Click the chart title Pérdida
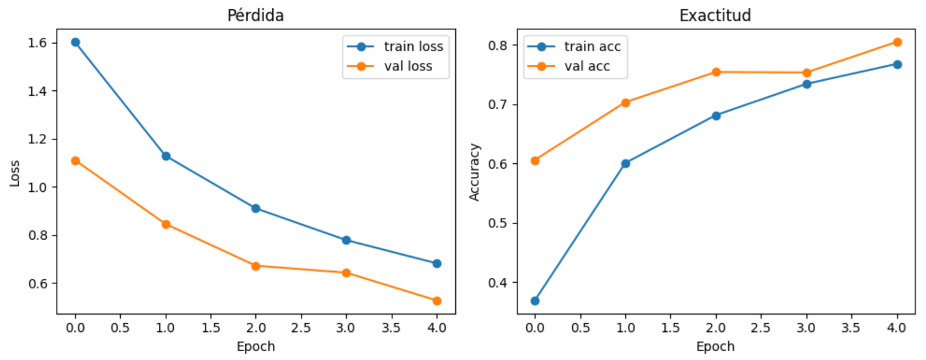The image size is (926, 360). tap(255, 16)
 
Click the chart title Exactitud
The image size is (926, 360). tap(716, 16)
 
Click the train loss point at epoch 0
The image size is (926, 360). tap(75, 42)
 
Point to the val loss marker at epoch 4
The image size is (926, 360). tap(437, 301)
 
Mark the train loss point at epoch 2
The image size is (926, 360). tap(256, 208)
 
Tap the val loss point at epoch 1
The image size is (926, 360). tap(166, 224)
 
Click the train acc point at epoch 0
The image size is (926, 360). tap(535, 301)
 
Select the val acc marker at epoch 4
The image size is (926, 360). tap(897, 42)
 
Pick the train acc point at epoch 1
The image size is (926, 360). tap(625, 163)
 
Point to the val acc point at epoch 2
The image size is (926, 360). tap(716, 72)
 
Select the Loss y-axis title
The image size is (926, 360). tap(15, 174)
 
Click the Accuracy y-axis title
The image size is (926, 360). tap(475, 173)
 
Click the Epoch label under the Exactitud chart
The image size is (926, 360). tap(716, 346)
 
